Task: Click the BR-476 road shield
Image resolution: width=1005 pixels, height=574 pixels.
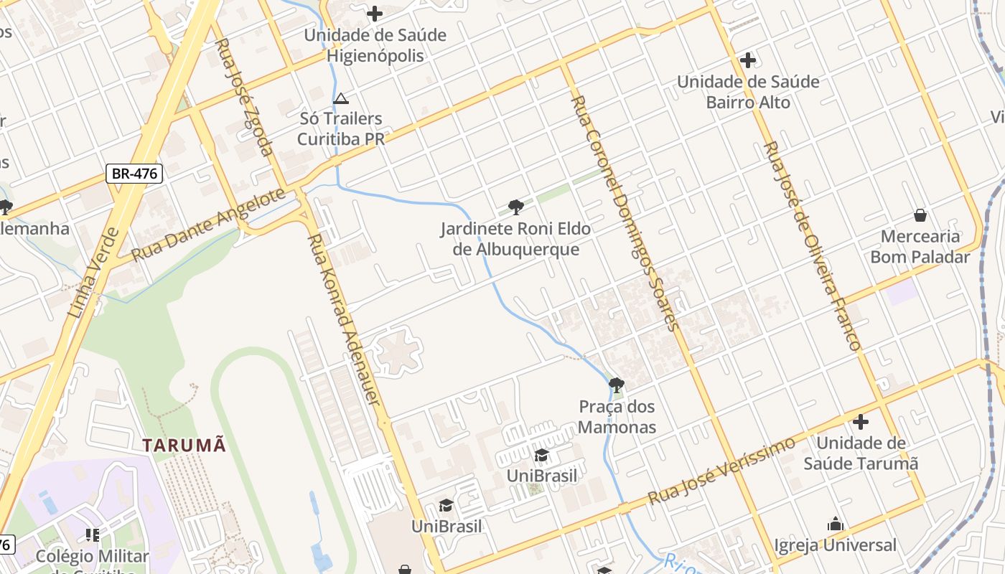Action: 134,173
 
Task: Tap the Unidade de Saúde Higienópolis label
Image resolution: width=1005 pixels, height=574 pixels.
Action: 375,45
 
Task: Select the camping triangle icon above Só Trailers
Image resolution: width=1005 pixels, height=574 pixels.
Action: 341,98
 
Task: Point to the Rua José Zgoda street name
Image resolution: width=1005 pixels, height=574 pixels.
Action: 245,97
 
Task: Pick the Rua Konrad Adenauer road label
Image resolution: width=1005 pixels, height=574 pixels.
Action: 343,319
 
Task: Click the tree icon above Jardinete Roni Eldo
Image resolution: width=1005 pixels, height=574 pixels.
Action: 515,208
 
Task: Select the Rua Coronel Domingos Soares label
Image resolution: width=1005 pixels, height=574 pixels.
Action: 624,213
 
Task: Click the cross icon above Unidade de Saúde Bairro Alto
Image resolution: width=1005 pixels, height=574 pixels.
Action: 748,60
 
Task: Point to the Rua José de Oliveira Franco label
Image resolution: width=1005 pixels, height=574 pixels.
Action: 812,245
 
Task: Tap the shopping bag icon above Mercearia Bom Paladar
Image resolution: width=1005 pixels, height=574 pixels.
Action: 920,215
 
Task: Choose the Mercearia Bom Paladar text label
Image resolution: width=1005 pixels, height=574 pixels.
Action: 920,246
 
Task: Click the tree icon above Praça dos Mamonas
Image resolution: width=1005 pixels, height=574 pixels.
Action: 616,385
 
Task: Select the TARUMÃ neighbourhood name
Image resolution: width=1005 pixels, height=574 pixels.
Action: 184,445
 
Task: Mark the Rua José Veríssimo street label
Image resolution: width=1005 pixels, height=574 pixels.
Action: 721,471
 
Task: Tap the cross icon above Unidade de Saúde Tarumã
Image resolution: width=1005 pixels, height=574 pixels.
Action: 860,422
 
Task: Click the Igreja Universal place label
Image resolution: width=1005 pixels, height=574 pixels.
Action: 835,545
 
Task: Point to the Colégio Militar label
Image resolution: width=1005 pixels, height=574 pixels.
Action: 92,557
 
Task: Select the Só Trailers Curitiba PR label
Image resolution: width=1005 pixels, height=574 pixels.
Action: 341,128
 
